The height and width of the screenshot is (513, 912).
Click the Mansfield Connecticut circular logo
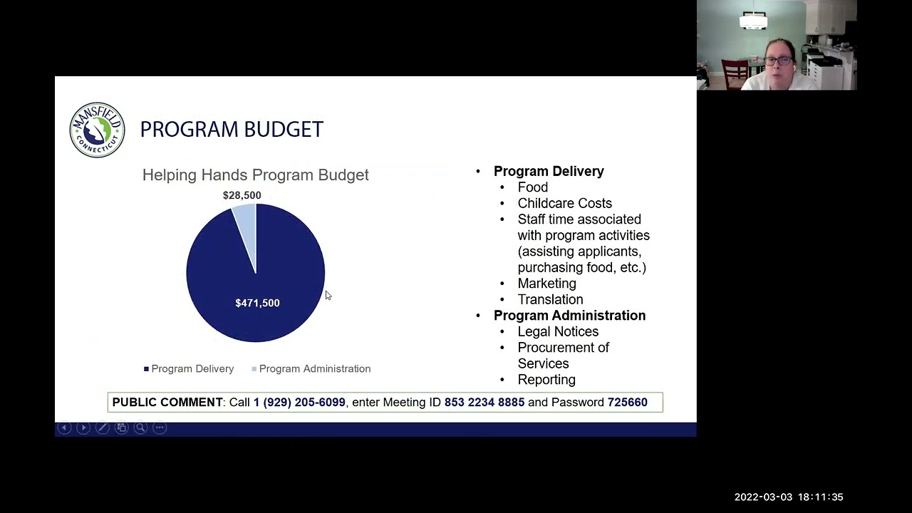tap(97, 130)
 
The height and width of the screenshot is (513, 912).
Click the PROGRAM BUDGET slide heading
tap(232, 130)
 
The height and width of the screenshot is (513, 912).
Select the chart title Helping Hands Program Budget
tap(255, 175)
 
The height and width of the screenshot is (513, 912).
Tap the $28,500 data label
tap(242, 195)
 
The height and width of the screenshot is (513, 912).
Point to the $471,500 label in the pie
tap(257, 303)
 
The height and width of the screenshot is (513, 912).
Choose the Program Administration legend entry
tap(314, 368)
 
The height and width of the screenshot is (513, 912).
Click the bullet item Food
tap(532, 187)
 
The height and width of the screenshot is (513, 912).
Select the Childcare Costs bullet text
tap(564, 203)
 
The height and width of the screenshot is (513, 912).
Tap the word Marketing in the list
tap(546, 284)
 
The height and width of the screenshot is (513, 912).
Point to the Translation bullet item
tap(550, 299)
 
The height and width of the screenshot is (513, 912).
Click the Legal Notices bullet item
tap(558, 331)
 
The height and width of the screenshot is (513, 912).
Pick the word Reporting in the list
tap(546, 380)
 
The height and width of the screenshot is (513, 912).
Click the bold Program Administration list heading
tap(569, 316)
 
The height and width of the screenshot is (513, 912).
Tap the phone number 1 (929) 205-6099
tap(299, 403)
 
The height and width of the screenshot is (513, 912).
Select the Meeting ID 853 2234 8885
tap(484, 403)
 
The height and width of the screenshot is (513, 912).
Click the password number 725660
tap(627, 403)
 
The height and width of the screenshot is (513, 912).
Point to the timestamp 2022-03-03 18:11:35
tap(789, 497)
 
